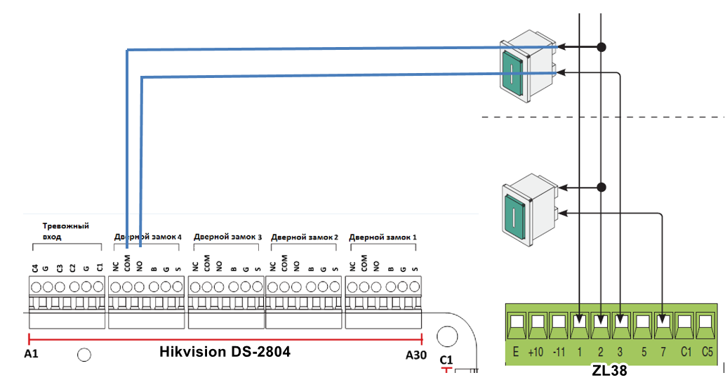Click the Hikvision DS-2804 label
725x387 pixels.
(225, 352)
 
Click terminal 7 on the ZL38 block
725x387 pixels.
(663, 324)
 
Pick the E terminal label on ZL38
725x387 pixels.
(516, 352)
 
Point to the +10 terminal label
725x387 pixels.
(537, 352)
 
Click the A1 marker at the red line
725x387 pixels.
(30, 355)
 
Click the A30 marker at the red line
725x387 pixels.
(416, 355)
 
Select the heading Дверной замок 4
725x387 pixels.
(147, 237)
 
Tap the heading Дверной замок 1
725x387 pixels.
(383, 237)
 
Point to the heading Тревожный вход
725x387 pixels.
(65, 231)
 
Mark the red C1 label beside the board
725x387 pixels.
(446, 360)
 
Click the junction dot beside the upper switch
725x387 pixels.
(601, 47)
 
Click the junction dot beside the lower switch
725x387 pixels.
(601, 188)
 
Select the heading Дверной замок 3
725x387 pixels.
(227, 237)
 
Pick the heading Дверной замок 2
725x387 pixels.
(305, 237)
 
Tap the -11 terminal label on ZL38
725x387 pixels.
(559, 352)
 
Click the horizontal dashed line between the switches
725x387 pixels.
(604, 117)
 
